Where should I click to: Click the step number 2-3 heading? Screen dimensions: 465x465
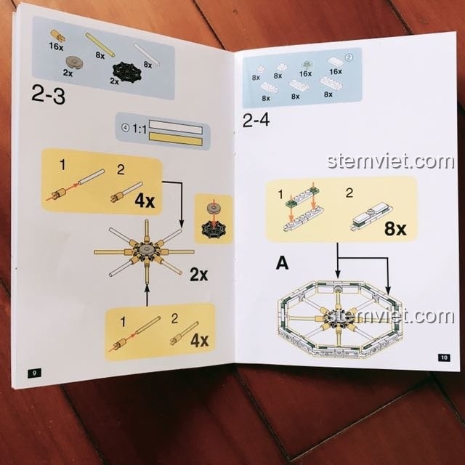(x=48, y=94)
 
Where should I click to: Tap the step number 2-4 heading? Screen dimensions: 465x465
(x=256, y=120)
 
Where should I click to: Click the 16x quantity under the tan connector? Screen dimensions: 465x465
(x=56, y=46)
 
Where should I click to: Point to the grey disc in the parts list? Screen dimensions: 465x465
(x=74, y=62)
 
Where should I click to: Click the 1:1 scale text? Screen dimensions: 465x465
(x=139, y=129)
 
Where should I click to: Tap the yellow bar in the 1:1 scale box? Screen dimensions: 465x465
(x=176, y=139)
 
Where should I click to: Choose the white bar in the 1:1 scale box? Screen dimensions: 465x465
(x=176, y=126)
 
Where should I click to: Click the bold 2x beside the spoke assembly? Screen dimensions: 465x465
(x=198, y=275)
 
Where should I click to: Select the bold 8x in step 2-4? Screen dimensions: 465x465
(x=395, y=229)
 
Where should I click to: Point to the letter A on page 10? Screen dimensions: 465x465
(x=282, y=263)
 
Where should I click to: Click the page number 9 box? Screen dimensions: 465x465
(x=34, y=373)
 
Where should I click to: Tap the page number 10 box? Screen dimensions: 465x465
(x=444, y=357)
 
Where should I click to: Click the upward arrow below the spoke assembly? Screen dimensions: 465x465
(x=147, y=294)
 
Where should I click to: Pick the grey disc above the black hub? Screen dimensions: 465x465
(x=214, y=209)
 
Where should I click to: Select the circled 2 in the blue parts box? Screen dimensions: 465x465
(x=349, y=57)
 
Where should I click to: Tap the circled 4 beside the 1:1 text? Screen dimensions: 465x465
(x=126, y=128)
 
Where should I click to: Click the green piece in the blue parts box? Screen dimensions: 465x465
(x=306, y=64)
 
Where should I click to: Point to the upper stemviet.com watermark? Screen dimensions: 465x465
(x=391, y=161)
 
